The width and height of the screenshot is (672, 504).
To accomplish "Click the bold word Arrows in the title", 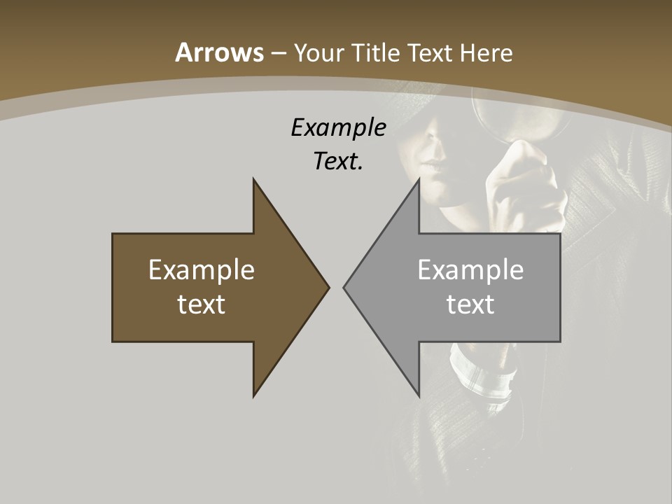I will (219, 52).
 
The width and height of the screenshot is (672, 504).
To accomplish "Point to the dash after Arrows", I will (278, 54).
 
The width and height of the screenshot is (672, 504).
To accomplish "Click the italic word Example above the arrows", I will (338, 128).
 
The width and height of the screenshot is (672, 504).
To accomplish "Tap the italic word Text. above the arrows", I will (338, 162).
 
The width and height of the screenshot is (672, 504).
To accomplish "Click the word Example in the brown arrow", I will (202, 270).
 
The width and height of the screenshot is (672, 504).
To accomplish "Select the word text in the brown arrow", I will (202, 304).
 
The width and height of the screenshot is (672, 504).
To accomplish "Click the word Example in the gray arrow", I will (470, 270).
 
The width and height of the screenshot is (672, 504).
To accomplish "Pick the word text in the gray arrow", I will (470, 304).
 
